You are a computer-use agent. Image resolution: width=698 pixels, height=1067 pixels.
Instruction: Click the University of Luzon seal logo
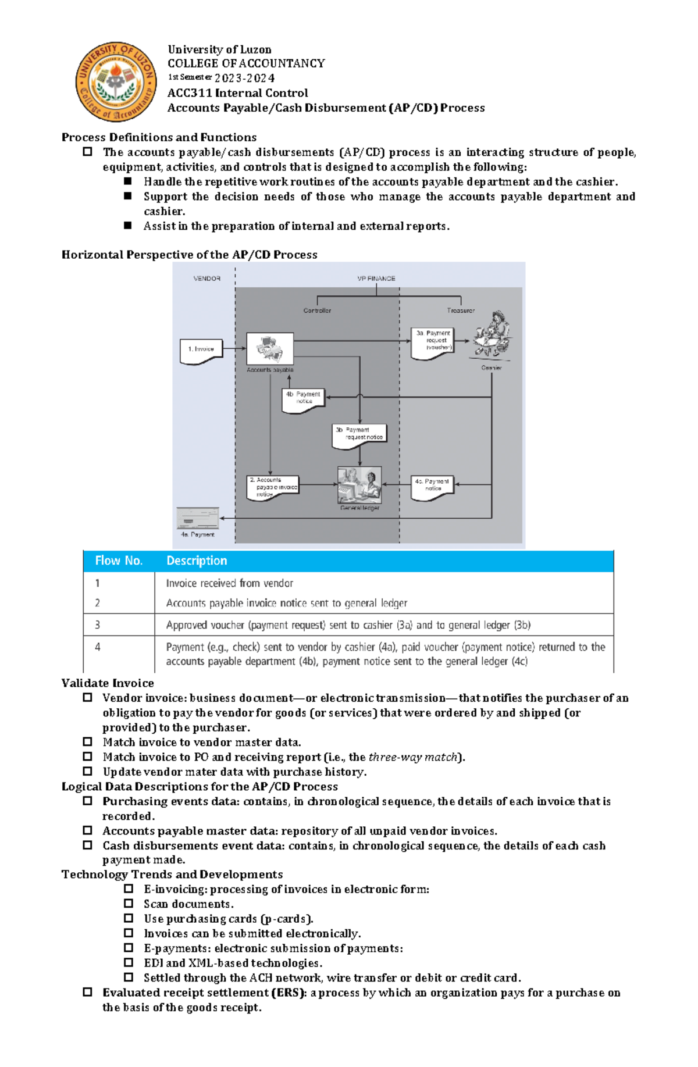coord(116,81)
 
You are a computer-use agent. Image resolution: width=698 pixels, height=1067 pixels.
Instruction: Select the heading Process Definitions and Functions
coord(159,137)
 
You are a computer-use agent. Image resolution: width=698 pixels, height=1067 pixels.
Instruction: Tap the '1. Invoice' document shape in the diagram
coord(201,351)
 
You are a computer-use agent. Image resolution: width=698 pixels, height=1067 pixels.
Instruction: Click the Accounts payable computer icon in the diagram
coord(270,349)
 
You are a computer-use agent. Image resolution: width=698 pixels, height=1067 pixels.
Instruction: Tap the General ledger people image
coord(359,485)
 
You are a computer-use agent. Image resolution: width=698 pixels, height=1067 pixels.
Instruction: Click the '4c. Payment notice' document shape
coord(432,487)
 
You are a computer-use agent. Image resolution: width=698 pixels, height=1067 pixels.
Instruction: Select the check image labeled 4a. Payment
coord(198,518)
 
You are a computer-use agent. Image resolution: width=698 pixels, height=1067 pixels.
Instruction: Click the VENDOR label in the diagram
coord(206,279)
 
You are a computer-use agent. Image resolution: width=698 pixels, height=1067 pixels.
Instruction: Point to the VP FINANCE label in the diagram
coord(376,279)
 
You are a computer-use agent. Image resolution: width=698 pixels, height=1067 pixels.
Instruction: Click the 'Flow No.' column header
coord(119,561)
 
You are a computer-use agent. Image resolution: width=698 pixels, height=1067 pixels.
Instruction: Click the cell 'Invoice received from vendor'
coord(229,583)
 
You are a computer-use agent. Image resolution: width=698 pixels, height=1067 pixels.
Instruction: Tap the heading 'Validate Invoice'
coord(108,683)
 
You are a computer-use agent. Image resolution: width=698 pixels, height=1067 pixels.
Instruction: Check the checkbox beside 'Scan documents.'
coord(129,904)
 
